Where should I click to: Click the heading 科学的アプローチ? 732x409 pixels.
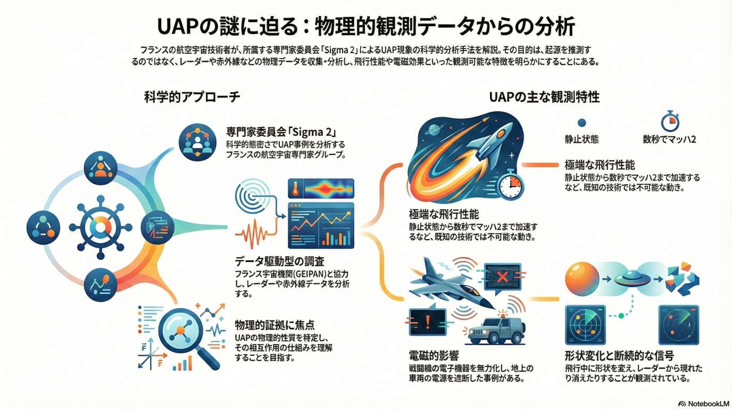pos(192,97)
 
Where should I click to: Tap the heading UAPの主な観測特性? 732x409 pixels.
pos(544,97)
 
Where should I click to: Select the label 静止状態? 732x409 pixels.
pos(581,139)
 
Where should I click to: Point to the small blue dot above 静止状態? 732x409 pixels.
pos(581,122)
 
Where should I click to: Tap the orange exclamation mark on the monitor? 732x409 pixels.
pos(428,322)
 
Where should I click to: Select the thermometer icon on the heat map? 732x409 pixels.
pos(295,189)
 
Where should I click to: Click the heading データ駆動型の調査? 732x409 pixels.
pos(279,261)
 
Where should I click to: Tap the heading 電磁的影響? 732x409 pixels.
pos(434,356)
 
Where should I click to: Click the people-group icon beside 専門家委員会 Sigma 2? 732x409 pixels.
pos(197,142)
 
